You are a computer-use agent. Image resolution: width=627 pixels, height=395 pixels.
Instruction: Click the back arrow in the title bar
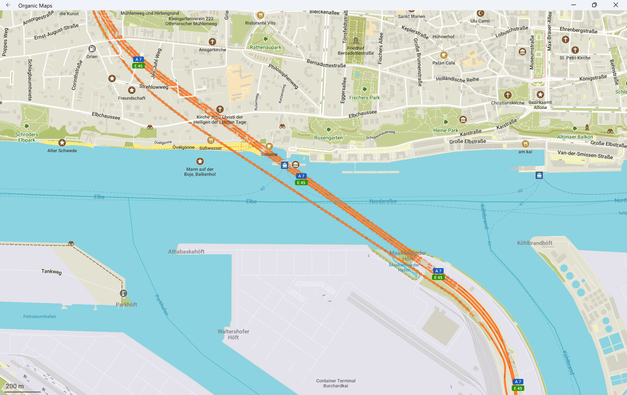click(8, 5)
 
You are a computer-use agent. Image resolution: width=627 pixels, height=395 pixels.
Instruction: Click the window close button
click(616, 5)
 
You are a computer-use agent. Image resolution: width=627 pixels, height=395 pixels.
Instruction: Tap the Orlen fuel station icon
click(92, 49)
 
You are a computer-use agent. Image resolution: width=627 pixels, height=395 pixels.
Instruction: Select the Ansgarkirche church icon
click(212, 42)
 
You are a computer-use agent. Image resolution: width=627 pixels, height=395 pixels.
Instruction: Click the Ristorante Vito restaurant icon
click(260, 15)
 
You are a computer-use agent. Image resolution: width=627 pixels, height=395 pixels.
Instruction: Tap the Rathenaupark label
click(265, 48)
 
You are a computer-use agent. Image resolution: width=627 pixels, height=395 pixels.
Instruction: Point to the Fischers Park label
click(364, 98)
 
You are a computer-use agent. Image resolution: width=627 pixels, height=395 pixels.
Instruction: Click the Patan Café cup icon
click(443, 55)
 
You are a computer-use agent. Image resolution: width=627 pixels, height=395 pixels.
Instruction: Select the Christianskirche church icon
click(507, 95)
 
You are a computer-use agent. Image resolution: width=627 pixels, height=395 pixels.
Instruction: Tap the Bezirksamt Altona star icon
click(540, 94)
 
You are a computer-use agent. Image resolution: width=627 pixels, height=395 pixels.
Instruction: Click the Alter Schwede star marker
click(62, 143)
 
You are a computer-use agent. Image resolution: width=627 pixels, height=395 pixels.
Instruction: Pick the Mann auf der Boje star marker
click(200, 161)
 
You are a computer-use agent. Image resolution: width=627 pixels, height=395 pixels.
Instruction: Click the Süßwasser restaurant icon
click(211, 140)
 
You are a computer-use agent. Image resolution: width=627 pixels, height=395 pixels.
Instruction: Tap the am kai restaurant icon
click(525, 144)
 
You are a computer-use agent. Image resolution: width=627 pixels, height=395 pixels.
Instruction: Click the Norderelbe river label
click(383, 201)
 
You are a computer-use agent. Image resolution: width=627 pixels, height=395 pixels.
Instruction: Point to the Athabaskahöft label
click(186, 252)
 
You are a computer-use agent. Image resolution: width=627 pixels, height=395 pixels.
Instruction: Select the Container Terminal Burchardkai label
click(336, 383)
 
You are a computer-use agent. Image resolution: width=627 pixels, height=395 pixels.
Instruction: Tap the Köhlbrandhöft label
click(535, 243)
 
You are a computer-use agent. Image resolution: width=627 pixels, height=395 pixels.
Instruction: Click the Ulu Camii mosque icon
click(480, 13)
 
